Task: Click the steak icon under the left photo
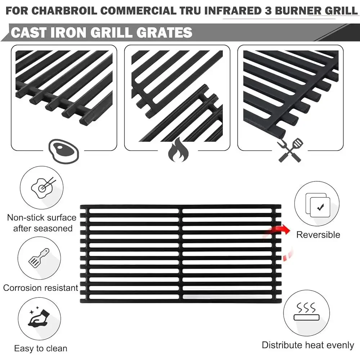coord(63,150)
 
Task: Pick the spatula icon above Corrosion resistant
coord(39,256)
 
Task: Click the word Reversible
coord(318,235)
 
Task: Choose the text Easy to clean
coord(41,348)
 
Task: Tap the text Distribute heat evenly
coord(308,345)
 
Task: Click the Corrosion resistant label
coord(41,288)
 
